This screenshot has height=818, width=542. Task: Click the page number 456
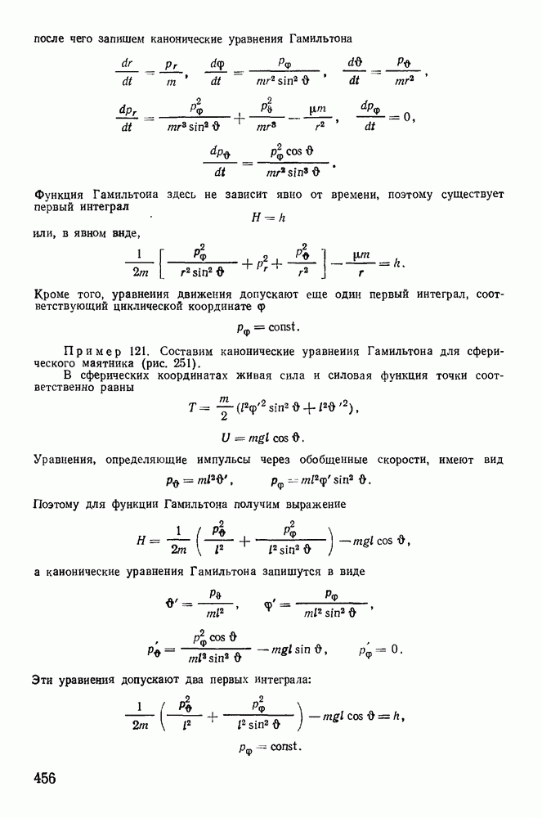(45, 779)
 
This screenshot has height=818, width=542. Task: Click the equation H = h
(268, 217)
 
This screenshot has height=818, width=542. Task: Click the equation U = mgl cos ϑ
(262, 438)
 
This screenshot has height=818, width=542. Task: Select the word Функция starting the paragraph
(59, 196)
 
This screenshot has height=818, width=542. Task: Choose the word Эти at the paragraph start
(43, 681)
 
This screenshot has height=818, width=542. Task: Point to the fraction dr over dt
(127, 72)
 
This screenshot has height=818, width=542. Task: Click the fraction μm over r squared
(317, 117)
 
